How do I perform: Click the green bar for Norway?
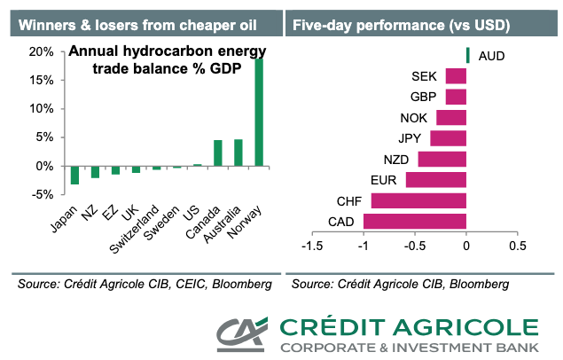259,111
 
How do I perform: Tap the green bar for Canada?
217,153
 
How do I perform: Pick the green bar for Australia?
238,153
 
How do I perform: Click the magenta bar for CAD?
415,221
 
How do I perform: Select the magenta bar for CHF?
418,200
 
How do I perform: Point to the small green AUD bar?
467,56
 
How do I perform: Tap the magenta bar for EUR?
436,180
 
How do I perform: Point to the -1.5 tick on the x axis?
312,246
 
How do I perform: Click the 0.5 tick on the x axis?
518,246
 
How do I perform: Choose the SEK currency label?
424,77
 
